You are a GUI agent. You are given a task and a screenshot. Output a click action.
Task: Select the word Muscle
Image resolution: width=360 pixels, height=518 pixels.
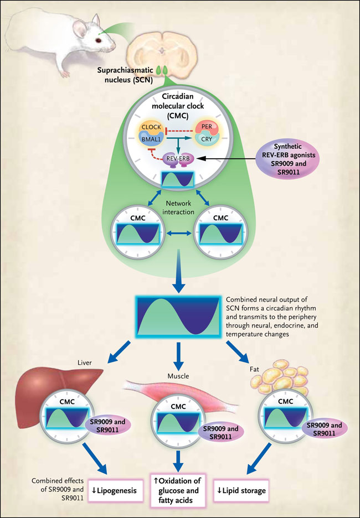click(179, 376)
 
